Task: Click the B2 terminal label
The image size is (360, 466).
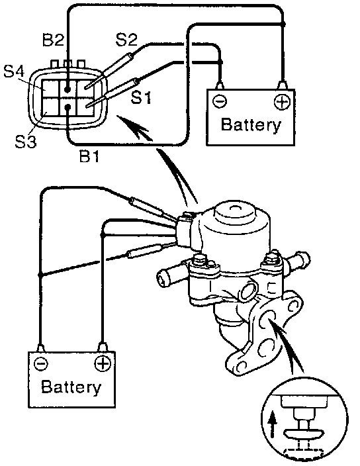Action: [53, 40]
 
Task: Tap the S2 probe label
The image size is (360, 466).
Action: [126, 40]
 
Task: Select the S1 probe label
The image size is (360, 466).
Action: [142, 97]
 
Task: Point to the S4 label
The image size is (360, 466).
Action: [14, 71]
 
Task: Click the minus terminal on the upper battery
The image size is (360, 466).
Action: [220, 102]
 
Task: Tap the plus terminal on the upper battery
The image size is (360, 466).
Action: [282, 102]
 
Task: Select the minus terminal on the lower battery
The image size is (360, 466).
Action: [40, 364]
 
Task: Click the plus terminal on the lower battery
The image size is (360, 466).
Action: [102, 364]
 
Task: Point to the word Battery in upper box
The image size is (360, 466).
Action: [251, 125]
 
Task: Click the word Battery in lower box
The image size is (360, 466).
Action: [71, 387]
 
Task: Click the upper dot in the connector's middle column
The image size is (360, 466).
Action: [67, 89]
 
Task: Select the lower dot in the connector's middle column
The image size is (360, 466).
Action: [67, 107]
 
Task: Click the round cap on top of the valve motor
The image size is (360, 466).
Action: [235, 212]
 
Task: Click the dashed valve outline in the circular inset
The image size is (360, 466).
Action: [303, 452]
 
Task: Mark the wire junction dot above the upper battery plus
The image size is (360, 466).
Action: [283, 23]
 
